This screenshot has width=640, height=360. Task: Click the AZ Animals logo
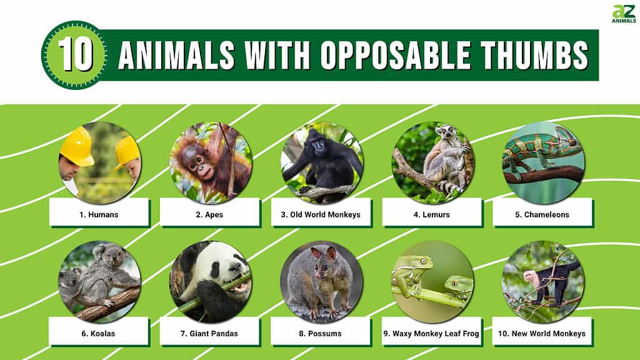tap(624, 14)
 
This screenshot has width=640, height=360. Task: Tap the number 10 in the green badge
tap(76, 55)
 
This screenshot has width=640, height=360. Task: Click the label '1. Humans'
tap(99, 215)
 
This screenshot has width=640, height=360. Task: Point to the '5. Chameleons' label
tap(542, 215)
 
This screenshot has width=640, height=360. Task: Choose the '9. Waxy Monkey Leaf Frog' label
tap(431, 334)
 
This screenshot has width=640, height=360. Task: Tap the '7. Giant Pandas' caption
tap(209, 334)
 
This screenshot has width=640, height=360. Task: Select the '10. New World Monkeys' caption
tap(542, 334)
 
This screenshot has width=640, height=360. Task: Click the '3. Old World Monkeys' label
tap(321, 215)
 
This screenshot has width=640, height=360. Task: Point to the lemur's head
tap(445, 131)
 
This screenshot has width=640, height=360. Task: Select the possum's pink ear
tap(316, 252)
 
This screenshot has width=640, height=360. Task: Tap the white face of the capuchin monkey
tap(530, 278)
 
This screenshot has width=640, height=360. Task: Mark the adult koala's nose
tap(116, 259)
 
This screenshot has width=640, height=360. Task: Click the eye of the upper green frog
tap(424, 261)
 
